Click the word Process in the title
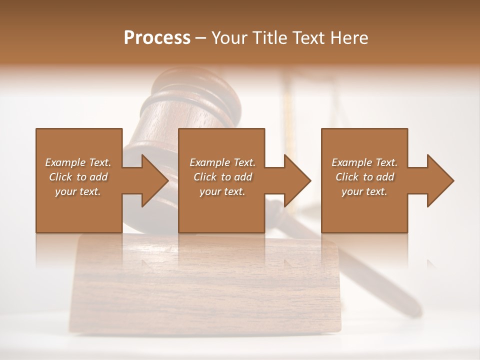pos(157,38)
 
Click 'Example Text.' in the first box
pos(78,162)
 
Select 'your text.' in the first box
pos(78,191)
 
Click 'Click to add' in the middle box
pos(222,177)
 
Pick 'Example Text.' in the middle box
pos(222,162)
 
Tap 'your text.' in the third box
pos(364,191)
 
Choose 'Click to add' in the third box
pos(364,177)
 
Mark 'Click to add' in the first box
pos(78,177)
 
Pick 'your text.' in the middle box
pos(222,191)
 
